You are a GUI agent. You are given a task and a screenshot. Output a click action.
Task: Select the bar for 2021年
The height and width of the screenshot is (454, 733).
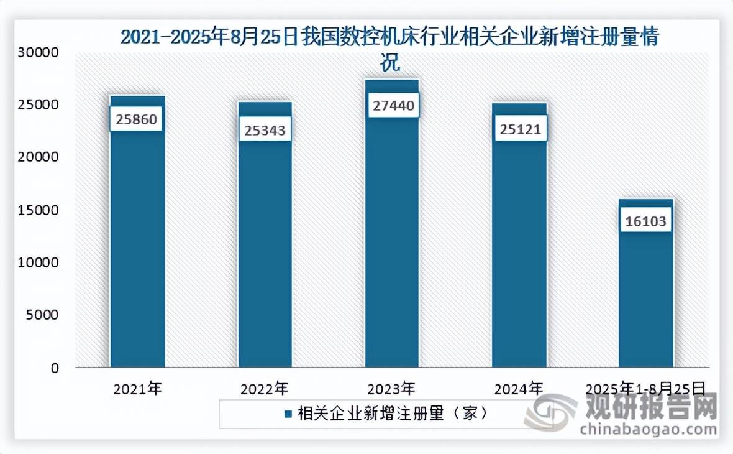click(x=137, y=249)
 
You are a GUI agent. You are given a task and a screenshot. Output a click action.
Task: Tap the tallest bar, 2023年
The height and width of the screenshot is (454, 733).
click(x=392, y=249)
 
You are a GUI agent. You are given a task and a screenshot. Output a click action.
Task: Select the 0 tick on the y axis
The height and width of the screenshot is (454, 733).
click(x=54, y=368)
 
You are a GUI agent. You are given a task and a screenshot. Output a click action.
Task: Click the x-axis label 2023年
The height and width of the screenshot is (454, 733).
click(x=391, y=389)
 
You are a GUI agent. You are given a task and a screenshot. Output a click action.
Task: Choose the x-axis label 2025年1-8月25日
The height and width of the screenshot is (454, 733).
click(x=646, y=389)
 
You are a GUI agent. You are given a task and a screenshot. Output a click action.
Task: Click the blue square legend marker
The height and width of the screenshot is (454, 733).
click(x=288, y=414)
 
